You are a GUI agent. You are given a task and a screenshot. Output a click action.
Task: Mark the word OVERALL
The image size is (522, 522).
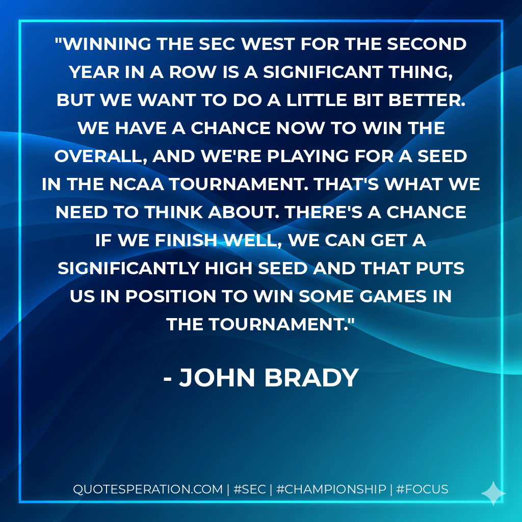(x=97, y=156)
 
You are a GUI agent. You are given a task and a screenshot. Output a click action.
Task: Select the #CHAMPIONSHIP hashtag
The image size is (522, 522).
(x=331, y=489)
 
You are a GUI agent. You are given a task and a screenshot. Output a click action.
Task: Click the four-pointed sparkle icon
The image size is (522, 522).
(x=493, y=492)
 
